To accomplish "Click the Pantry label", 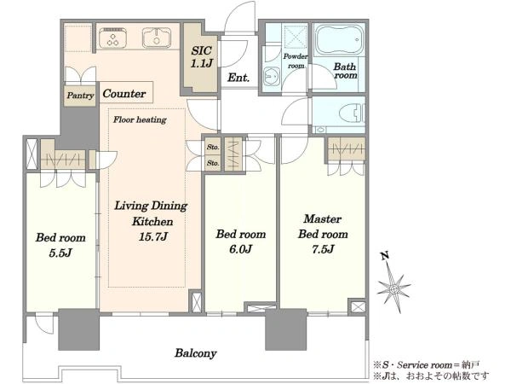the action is pyautogui.click(x=80, y=96).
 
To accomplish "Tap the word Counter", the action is pyautogui.click(x=124, y=94).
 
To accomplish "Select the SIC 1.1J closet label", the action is pyautogui.click(x=201, y=57).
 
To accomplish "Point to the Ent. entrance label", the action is pyautogui.click(x=238, y=78).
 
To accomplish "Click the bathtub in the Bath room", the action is pyautogui.click(x=338, y=40).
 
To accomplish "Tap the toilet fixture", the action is pyautogui.click(x=351, y=113).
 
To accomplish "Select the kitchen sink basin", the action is pyautogui.click(x=157, y=38).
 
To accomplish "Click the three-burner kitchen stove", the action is pyautogui.click(x=113, y=38).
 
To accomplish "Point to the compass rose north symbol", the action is pyautogui.click(x=393, y=288).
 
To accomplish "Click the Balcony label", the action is pyautogui.click(x=196, y=353).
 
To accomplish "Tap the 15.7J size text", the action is pyautogui.click(x=153, y=236).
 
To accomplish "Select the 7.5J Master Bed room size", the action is pyautogui.click(x=323, y=249).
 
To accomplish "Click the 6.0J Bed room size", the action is pyautogui.click(x=240, y=249).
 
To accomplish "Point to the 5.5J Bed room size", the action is pyautogui.click(x=60, y=253).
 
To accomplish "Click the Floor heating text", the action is pyautogui.click(x=140, y=119).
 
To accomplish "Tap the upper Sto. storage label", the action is pyautogui.click(x=213, y=148).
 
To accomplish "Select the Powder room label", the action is pyautogui.click(x=296, y=61).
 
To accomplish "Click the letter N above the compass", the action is pyautogui.click(x=385, y=256).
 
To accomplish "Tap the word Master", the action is pyautogui.click(x=322, y=218).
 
